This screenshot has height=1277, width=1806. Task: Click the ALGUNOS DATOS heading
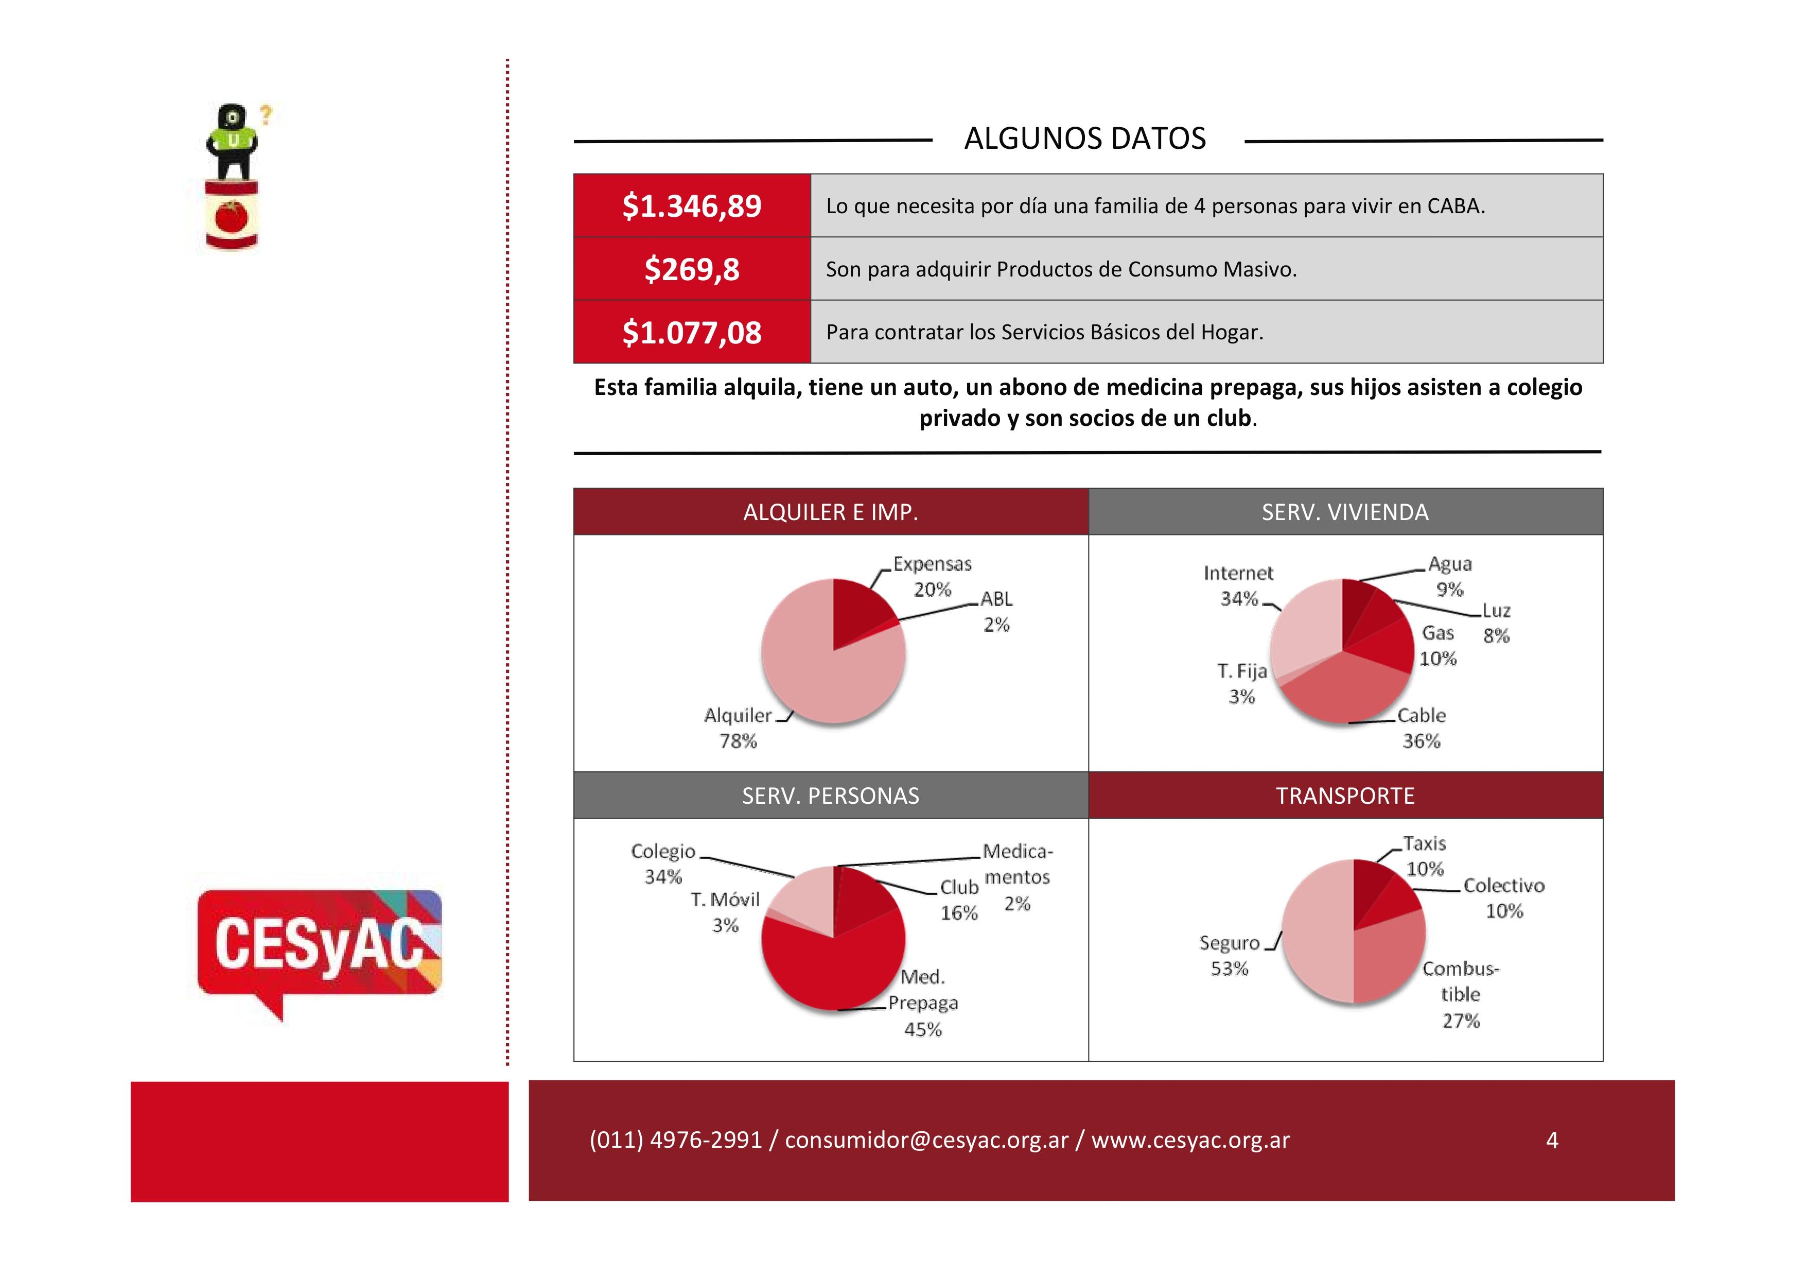1085,139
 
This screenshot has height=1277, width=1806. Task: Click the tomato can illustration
232,214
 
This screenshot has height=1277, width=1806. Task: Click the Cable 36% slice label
1421,728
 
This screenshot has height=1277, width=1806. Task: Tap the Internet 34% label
1238,585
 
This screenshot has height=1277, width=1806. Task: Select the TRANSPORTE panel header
1345,796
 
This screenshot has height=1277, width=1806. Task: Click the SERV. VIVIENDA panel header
1345,512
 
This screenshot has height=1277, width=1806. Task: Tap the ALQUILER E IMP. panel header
831,512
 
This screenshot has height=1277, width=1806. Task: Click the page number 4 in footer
1552,1140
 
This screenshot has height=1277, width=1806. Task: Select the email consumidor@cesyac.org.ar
926,1140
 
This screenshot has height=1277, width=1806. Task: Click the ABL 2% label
996,611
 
